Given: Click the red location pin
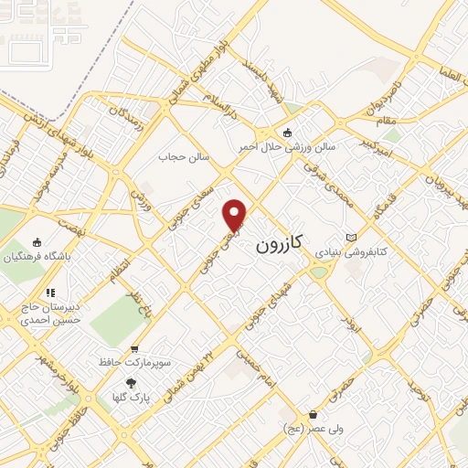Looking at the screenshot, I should pyautogui.click(x=236, y=215).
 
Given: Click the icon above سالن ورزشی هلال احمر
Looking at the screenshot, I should pyautogui.click(x=289, y=132).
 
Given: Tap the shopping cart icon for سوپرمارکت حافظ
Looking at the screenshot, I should pyautogui.click(x=135, y=349).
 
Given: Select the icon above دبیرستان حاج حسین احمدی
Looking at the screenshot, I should pyautogui.click(x=51, y=293).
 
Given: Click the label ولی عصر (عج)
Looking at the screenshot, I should pyautogui.click(x=306, y=428).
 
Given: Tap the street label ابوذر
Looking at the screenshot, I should pyautogui.click(x=347, y=322).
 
